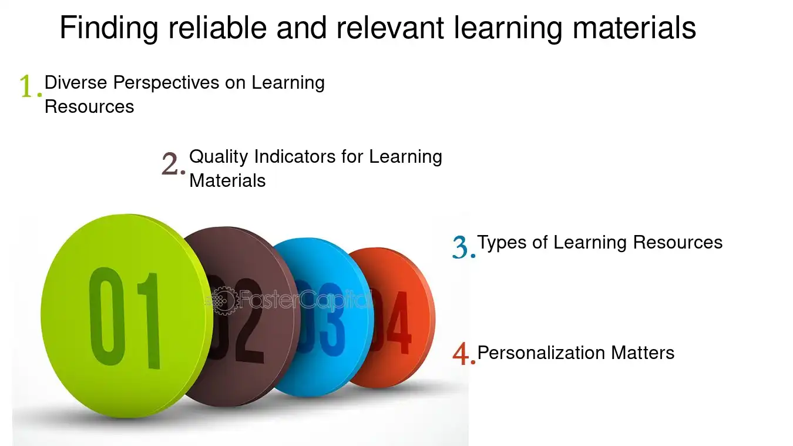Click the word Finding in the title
point(109,29)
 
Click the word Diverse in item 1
point(76,82)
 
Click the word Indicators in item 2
point(295,156)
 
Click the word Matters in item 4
point(643,353)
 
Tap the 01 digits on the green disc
point(125,318)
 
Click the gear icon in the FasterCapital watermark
point(224,301)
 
